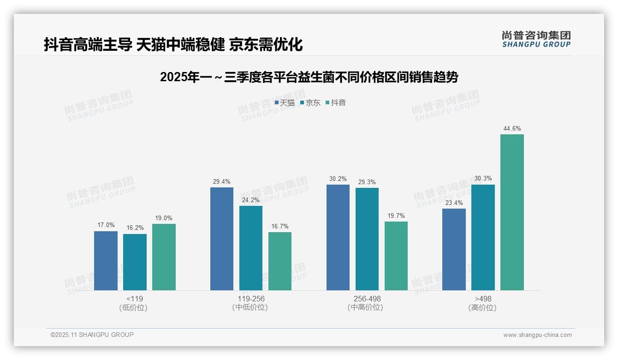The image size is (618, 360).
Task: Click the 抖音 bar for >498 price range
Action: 512,212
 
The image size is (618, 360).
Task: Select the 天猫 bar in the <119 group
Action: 106,261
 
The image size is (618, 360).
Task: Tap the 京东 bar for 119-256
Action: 251,248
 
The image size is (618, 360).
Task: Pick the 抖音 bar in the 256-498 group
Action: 396,256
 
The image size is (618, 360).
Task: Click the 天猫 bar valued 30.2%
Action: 338,237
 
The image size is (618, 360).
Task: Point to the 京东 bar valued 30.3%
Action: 483,237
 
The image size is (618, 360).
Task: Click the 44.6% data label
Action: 512,129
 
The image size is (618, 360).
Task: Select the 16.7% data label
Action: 280,227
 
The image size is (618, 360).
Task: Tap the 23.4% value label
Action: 454,203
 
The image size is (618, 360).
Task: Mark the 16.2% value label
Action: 135,228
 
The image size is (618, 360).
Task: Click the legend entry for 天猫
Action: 285,103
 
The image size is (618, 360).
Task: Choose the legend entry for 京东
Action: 310,103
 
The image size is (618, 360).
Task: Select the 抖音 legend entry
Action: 336,103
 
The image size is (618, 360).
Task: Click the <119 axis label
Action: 135,299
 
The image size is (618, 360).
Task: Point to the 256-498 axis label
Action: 367,299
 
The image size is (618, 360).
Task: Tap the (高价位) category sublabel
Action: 482,307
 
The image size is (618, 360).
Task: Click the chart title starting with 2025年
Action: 309,78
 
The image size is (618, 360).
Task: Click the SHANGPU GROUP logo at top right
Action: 536,39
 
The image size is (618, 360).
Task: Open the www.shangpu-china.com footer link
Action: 537,335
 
